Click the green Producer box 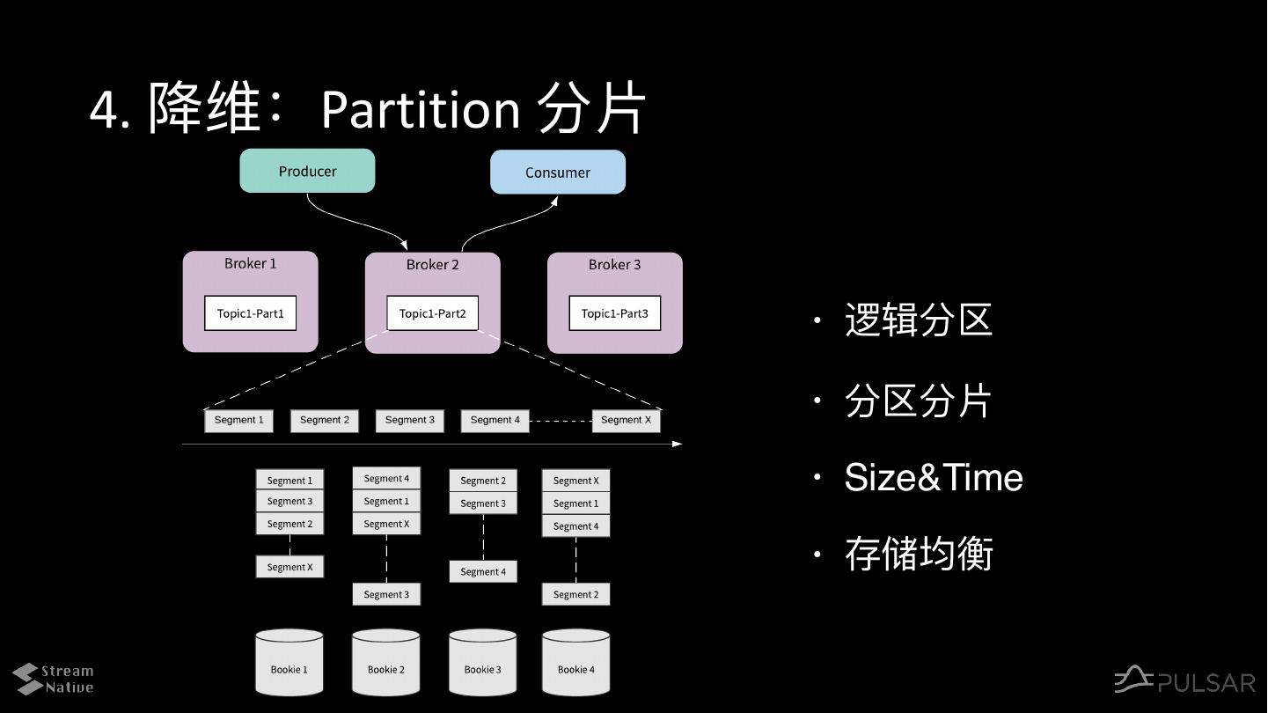(307, 171)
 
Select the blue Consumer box (558, 173)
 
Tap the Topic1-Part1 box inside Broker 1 (250, 313)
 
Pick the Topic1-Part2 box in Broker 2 (432, 313)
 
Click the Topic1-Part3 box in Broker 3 (615, 313)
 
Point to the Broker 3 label (614, 264)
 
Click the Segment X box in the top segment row (626, 421)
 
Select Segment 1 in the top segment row (238, 421)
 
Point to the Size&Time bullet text (934, 477)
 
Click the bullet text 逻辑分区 (918, 320)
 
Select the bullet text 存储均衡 (919, 554)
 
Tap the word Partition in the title (421, 109)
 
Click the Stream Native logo (53, 679)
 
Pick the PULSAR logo (1184, 680)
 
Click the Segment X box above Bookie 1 (290, 566)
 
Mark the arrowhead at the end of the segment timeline (677, 444)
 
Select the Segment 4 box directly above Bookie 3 (483, 571)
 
